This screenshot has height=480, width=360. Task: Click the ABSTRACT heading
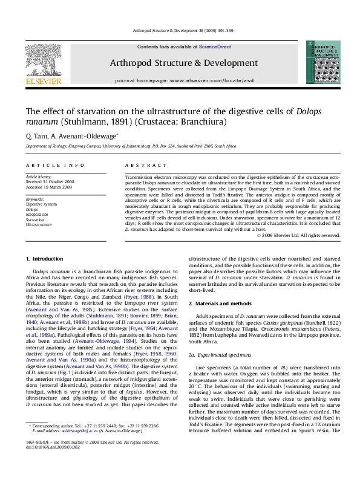click(x=141, y=165)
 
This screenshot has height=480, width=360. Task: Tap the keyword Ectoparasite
click(x=38, y=213)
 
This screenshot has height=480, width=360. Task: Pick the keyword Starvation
click(x=36, y=219)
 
